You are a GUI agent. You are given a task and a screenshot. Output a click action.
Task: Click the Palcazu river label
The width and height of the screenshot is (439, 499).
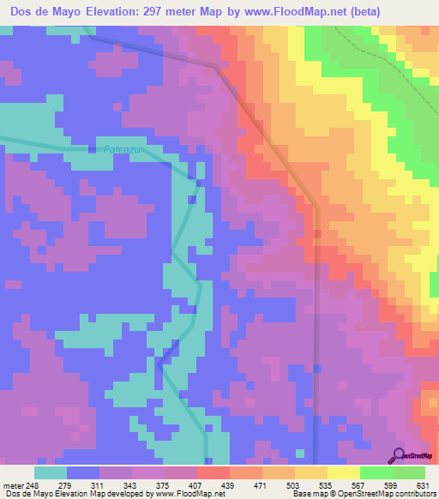click(121, 148)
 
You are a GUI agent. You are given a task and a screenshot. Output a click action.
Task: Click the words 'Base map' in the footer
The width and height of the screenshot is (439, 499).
click(307, 494)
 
